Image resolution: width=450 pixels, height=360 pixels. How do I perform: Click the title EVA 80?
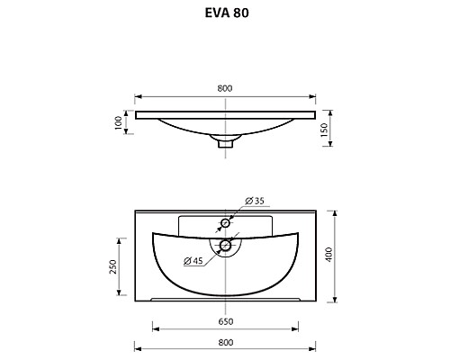(227, 13)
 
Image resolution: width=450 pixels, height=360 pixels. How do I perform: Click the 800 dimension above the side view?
(225, 88)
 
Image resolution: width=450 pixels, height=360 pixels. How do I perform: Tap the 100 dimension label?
(119, 122)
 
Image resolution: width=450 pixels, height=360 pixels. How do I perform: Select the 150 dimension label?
(324, 130)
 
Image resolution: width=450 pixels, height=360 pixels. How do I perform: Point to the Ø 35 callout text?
(255, 201)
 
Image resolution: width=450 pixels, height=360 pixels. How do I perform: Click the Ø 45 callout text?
(193, 261)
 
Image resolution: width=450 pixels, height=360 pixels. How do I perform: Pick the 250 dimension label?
(112, 266)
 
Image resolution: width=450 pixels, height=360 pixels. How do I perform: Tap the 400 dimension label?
(329, 255)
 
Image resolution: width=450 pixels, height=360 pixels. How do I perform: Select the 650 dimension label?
(226, 321)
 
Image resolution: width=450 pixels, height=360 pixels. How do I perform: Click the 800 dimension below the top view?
(226, 342)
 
